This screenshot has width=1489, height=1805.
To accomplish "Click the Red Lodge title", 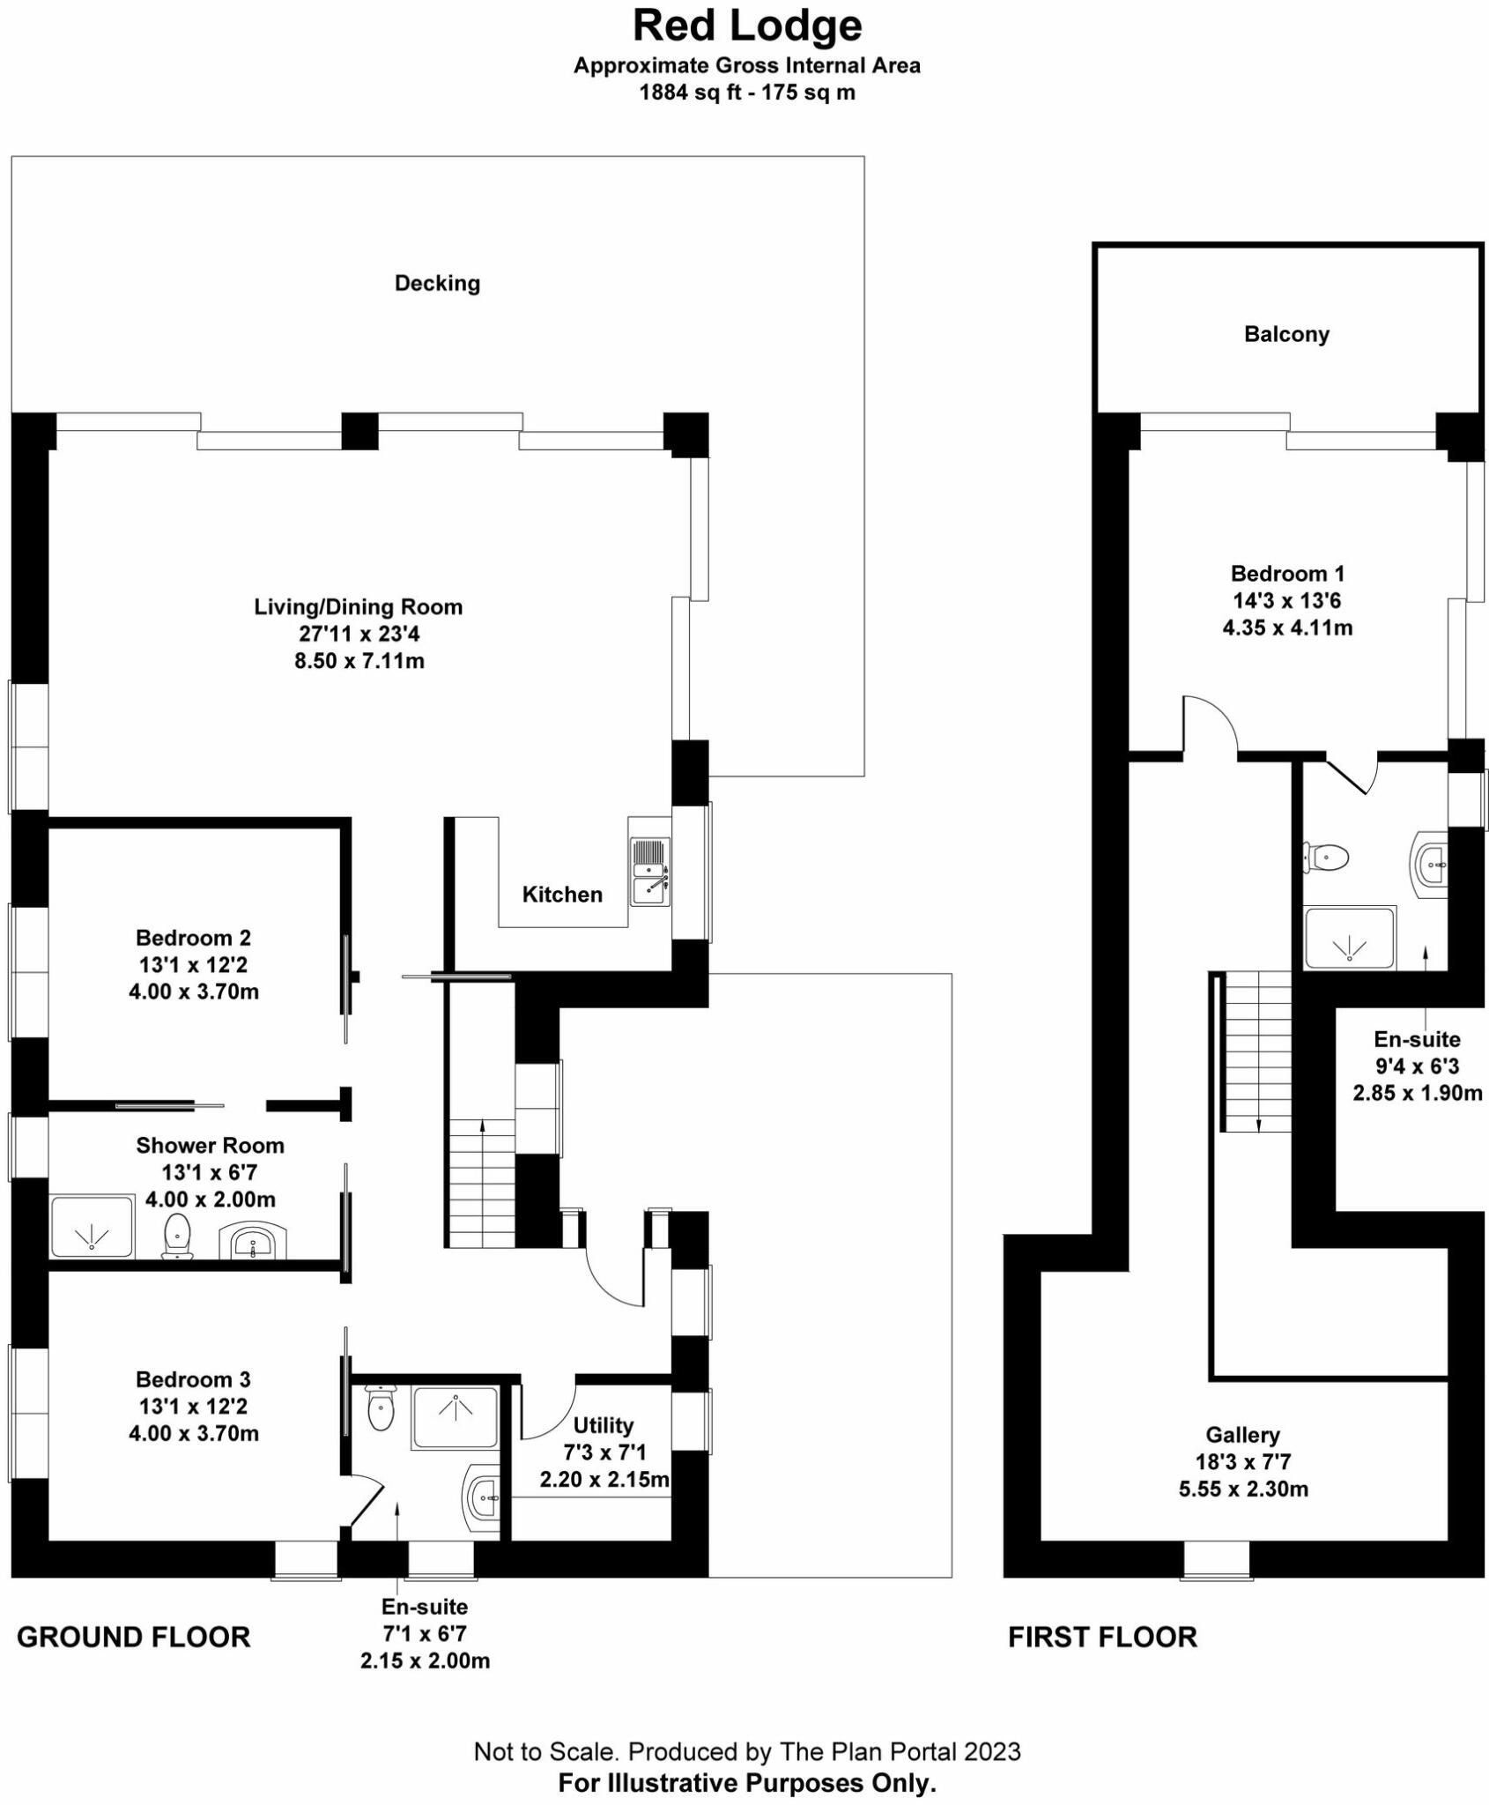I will point(747,26).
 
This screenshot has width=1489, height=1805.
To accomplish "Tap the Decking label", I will point(437,283).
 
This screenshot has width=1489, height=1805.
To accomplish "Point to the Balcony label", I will point(1286,334).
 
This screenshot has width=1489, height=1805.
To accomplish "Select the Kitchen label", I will point(562,895).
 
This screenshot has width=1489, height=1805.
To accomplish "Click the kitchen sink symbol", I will point(650,872).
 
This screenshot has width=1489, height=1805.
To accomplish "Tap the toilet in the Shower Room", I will point(178,1234).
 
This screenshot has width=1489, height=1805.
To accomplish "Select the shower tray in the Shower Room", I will point(92,1226).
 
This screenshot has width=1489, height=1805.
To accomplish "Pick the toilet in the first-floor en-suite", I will point(1327,856).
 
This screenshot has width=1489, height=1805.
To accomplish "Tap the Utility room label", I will point(604,1425).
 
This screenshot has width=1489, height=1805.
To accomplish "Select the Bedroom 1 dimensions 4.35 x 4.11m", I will point(1287,628).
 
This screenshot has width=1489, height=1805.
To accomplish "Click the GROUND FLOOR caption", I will point(134,1638).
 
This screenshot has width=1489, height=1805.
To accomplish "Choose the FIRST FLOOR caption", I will point(1102,1638).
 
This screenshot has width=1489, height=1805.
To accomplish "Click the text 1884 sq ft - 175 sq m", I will point(747,93).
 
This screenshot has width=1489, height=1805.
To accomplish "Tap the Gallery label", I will point(1242,1435).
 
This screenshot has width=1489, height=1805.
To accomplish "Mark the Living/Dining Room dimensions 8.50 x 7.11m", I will point(359,661).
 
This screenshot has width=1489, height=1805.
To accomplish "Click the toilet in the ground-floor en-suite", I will point(381,1408).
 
